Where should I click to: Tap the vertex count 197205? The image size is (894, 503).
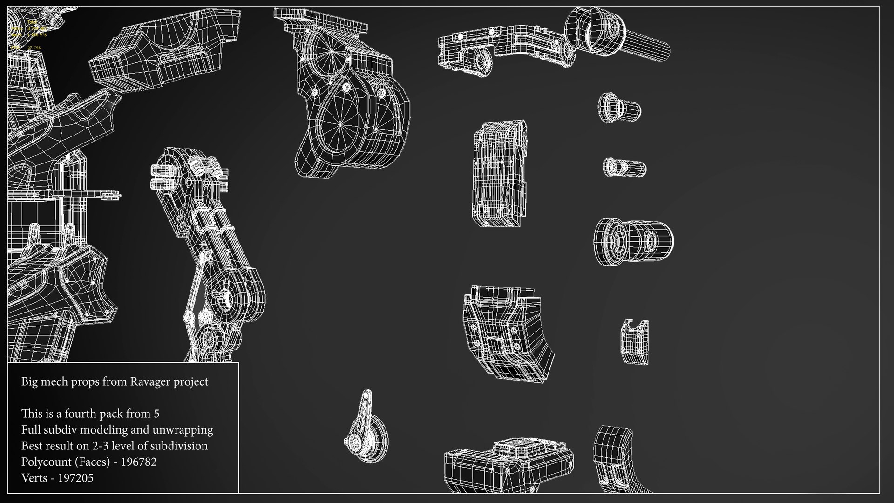(75, 478)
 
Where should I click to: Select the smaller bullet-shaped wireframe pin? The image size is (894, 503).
(625, 167)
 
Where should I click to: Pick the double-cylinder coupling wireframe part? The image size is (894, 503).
(633, 242)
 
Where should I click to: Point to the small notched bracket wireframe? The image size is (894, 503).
(635, 341)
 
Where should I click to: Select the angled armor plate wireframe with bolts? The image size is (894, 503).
(508, 334)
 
